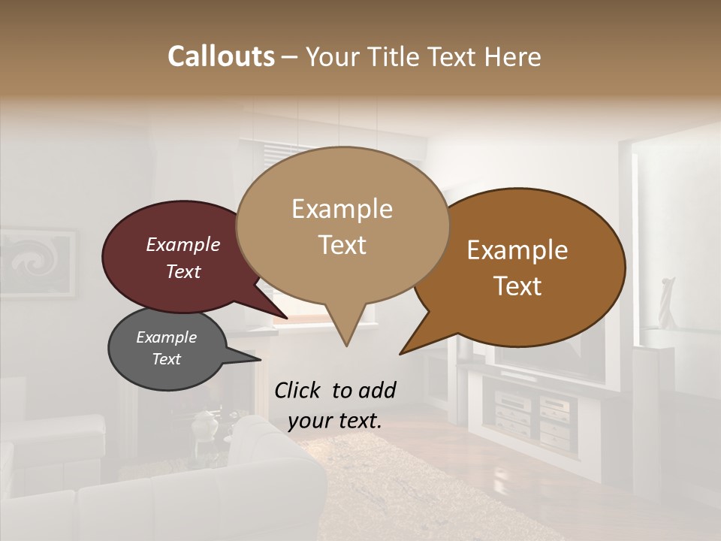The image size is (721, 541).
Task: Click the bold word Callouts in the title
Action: point(221,56)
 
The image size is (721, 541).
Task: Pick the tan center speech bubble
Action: point(342,225)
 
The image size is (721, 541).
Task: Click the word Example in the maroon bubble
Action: point(183,245)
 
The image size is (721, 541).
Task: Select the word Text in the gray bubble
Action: point(167,359)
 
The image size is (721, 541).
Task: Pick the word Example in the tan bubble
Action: point(342,209)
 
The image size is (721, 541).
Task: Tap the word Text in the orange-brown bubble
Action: point(518,286)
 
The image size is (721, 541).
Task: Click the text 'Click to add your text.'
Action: point(335,406)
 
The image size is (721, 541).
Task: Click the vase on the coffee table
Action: point(204,426)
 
